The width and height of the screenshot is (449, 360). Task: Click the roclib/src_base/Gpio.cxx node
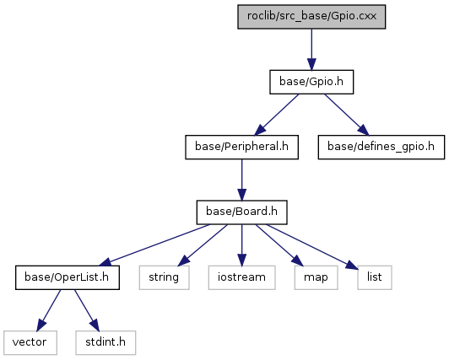pyautogui.click(x=311, y=17)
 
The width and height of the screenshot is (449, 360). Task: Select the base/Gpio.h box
pyautogui.click(x=311, y=82)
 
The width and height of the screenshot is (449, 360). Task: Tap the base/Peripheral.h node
pyautogui.click(x=241, y=147)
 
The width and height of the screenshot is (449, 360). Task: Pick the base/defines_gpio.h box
pyautogui.click(x=381, y=147)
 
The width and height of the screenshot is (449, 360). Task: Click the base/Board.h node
pyautogui.click(x=241, y=212)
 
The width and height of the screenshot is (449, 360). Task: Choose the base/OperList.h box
pyautogui.click(x=68, y=277)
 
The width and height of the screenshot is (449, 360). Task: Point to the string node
pyautogui.click(x=164, y=277)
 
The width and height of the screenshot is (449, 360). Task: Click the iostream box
pyautogui.click(x=241, y=277)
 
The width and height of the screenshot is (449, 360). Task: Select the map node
pyautogui.click(x=316, y=277)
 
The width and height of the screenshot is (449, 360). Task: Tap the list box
pyautogui.click(x=374, y=277)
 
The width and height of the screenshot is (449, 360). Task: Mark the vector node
pyautogui.click(x=30, y=342)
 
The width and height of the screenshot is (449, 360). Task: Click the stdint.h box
pyautogui.click(x=105, y=342)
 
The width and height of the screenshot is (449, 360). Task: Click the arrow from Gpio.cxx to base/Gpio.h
pyautogui.click(x=311, y=49)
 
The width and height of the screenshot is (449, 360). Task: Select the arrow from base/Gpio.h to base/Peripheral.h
pyautogui.click(x=276, y=115)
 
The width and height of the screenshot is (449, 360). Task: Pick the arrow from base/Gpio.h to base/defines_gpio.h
pyautogui.click(x=347, y=115)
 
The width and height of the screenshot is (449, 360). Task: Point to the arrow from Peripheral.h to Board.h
pyautogui.click(x=241, y=180)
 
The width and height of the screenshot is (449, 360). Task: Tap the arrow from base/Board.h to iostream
pyautogui.click(x=241, y=244)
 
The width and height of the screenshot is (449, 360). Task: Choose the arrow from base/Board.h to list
pyautogui.click(x=312, y=246)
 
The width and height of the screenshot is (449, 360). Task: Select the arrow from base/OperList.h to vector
pyautogui.click(x=49, y=310)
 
